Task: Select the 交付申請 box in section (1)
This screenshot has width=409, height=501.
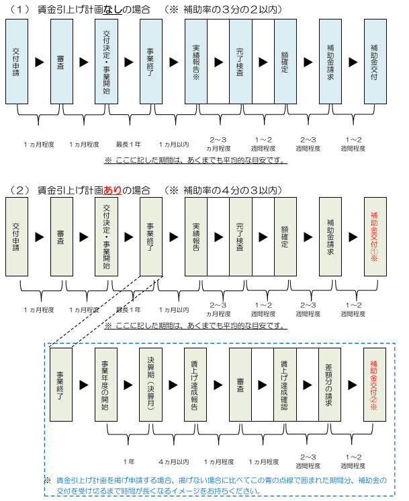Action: point(17,61)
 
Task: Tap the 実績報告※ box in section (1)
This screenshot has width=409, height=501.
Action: point(196,61)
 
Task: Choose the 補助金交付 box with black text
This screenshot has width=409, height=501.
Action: point(375,61)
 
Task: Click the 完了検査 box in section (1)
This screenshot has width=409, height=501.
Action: point(240,61)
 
